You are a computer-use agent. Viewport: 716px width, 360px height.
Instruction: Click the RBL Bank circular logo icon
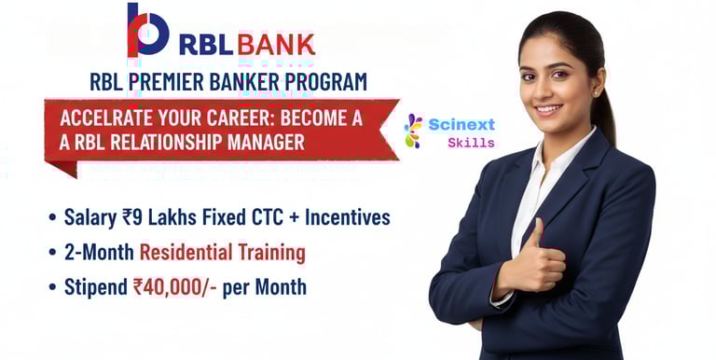pyautogui.click(x=147, y=29)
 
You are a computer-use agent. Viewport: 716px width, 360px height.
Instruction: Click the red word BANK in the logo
pyautogui.click(x=276, y=45)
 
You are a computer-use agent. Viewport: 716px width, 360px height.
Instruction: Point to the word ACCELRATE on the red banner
pyautogui.click(x=106, y=118)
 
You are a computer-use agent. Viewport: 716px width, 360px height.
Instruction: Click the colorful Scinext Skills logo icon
pyautogui.click(x=413, y=132)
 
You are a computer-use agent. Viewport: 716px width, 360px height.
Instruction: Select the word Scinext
pyautogui.click(x=461, y=124)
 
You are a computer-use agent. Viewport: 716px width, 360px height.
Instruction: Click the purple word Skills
pyautogui.click(x=471, y=143)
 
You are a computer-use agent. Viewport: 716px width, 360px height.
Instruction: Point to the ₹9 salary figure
pyautogui.click(x=132, y=217)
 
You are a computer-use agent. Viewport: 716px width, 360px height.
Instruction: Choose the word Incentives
pyautogui.click(x=348, y=217)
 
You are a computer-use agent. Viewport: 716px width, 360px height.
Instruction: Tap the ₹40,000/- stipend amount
pyautogui.click(x=174, y=287)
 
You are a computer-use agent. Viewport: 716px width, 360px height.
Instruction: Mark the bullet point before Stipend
pyautogui.click(x=52, y=288)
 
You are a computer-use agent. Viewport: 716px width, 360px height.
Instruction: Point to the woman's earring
pyautogui.click(x=596, y=92)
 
